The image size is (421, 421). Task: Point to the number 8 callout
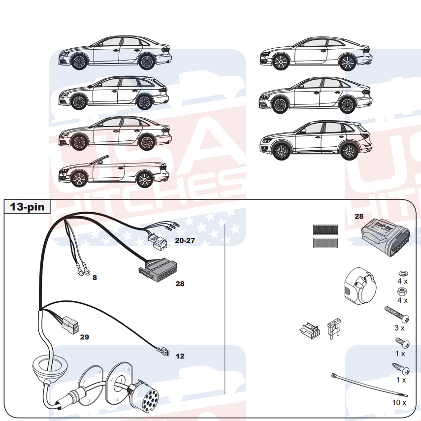pyautogui.click(x=95, y=278)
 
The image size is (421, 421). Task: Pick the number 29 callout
pyautogui.click(x=85, y=337)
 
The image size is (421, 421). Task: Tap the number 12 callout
pyautogui.click(x=180, y=356)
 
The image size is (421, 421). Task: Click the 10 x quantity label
pyautogui.click(x=399, y=402)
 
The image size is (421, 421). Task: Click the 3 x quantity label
pyautogui.click(x=399, y=327)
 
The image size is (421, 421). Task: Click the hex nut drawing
pyautogui.click(x=402, y=291)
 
